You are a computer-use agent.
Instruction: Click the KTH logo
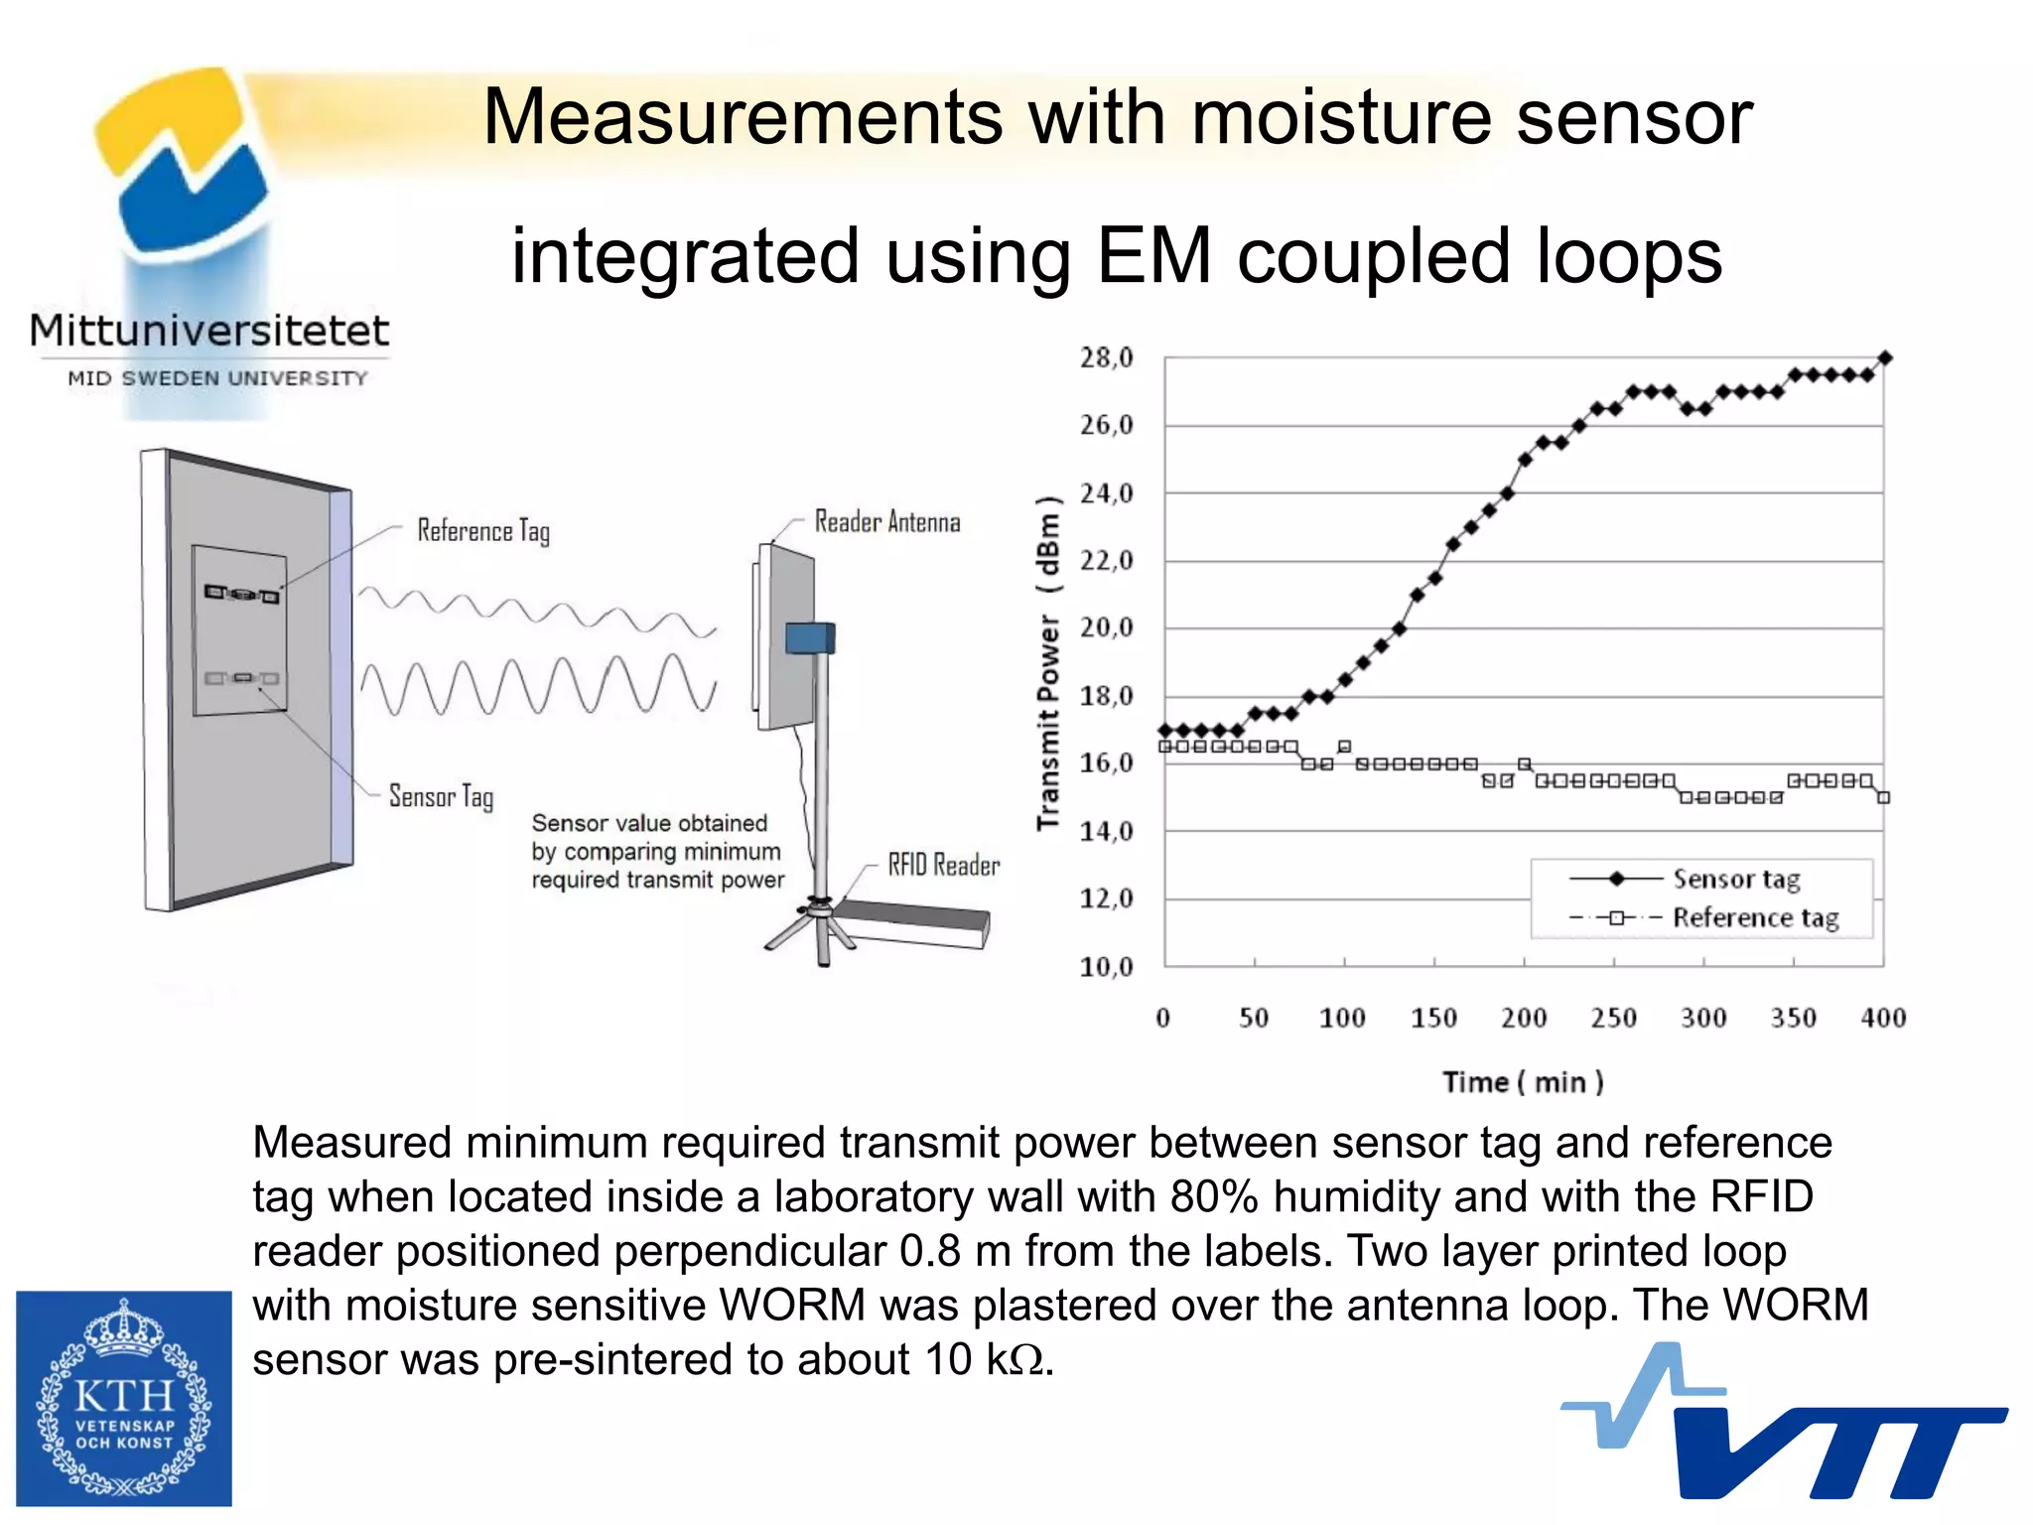coord(124,1398)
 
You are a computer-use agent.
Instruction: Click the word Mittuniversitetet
coord(209,331)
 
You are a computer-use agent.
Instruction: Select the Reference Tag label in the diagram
coord(483,531)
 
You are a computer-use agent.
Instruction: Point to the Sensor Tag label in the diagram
coord(441,796)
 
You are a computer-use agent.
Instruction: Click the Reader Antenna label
coord(887,522)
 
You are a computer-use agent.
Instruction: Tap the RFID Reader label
coord(943,866)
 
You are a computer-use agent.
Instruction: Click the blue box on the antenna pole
coord(810,637)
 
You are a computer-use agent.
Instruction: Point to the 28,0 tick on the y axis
coord(1106,357)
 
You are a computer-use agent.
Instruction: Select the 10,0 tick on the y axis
coord(1106,966)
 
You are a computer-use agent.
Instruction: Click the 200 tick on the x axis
coord(1524,1018)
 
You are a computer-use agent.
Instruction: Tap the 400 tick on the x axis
coord(1883,1018)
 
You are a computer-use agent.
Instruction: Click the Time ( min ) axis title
coord(1523,1082)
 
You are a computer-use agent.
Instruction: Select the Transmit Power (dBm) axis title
coord(1048,662)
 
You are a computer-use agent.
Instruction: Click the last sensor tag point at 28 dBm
coord(1885,357)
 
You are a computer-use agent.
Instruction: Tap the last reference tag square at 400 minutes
coord(1883,797)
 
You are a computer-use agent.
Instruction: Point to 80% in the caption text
coord(1214,1196)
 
